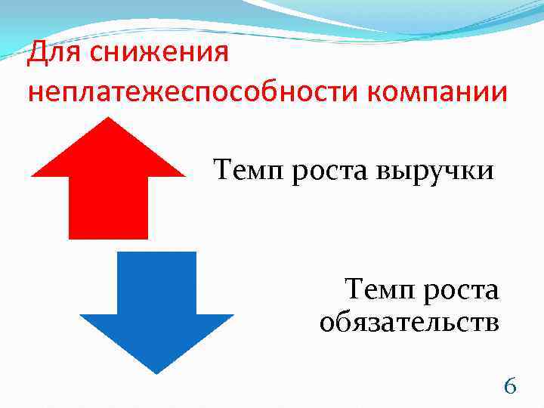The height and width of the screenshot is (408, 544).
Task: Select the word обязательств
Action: (409, 323)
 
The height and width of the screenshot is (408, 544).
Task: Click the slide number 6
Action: (510, 387)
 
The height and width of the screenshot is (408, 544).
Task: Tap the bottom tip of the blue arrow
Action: (156, 372)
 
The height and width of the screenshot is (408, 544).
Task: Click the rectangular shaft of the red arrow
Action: (109, 208)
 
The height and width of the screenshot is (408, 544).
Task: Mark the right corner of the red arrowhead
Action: (184, 175)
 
